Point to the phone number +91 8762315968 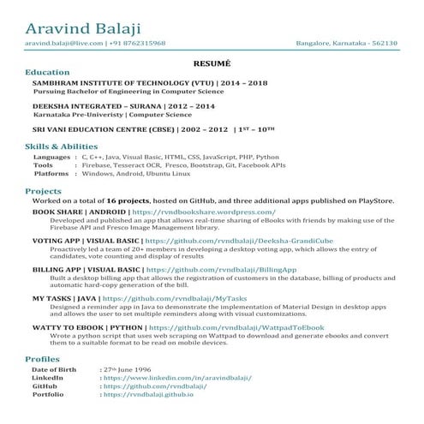coord(137,43)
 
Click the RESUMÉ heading coord(212,63)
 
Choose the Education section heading coord(48,72)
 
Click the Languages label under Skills coord(51,158)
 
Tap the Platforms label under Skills coord(51,173)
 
